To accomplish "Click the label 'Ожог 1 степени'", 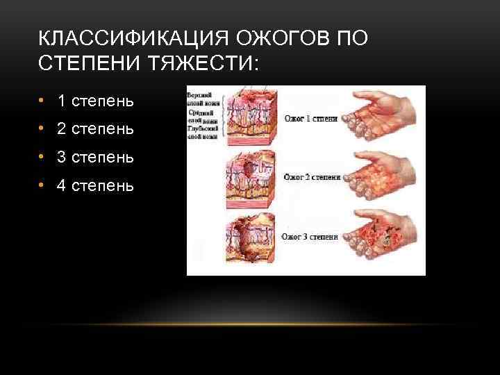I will pyautogui.click(x=310, y=119).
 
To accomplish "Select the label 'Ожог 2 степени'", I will pyautogui.click(x=310, y=178).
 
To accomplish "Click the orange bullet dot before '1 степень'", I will pyautogui.click(x=42, y=101).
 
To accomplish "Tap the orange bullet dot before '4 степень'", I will pyautogui.click(x=42, y=185).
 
